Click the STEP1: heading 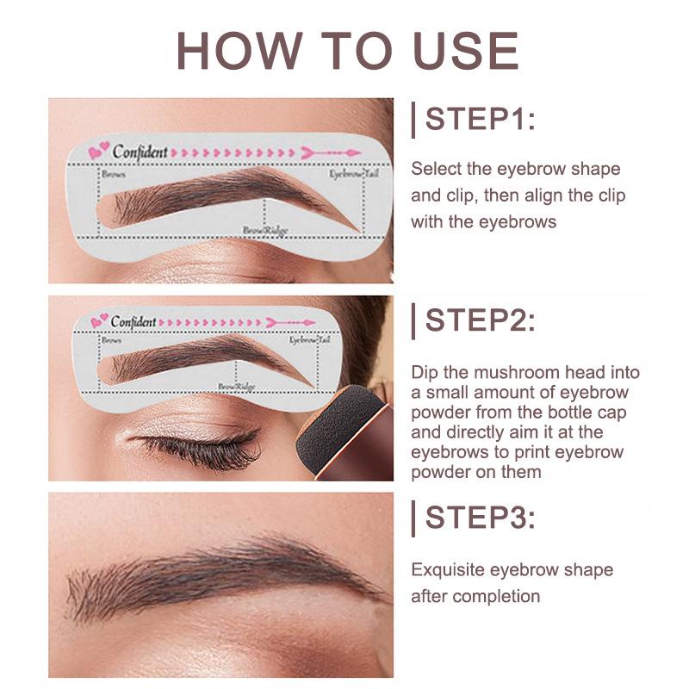coord(481,119)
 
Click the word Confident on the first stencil coord(140,152)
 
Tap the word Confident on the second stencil coord(133,321)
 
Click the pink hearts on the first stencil coord(98,152)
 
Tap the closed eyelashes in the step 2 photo coord(198,448)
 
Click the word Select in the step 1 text coord(433,169)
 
